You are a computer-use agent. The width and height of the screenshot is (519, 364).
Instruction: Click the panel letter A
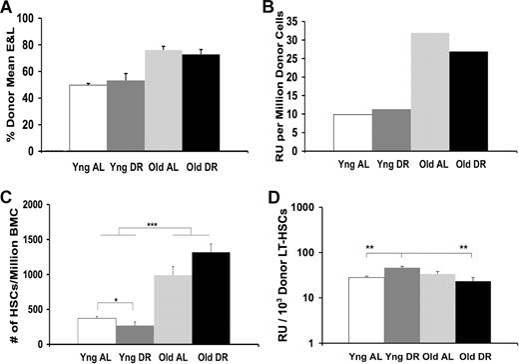[x=7, y=8]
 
